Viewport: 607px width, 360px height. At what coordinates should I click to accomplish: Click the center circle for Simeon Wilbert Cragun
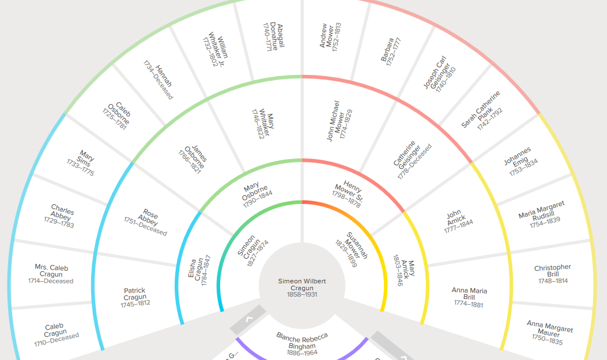(x=302, y=286)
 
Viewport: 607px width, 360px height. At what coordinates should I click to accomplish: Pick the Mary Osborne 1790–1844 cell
(x=255, y=195)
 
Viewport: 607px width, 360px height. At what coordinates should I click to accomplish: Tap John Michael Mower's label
(x=340, y=121)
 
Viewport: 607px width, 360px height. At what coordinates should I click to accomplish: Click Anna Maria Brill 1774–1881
(x=469, y=297)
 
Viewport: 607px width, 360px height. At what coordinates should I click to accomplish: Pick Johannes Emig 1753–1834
(x=517, y=156)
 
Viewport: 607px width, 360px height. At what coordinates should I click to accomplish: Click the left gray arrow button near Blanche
(x=248, y=320)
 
